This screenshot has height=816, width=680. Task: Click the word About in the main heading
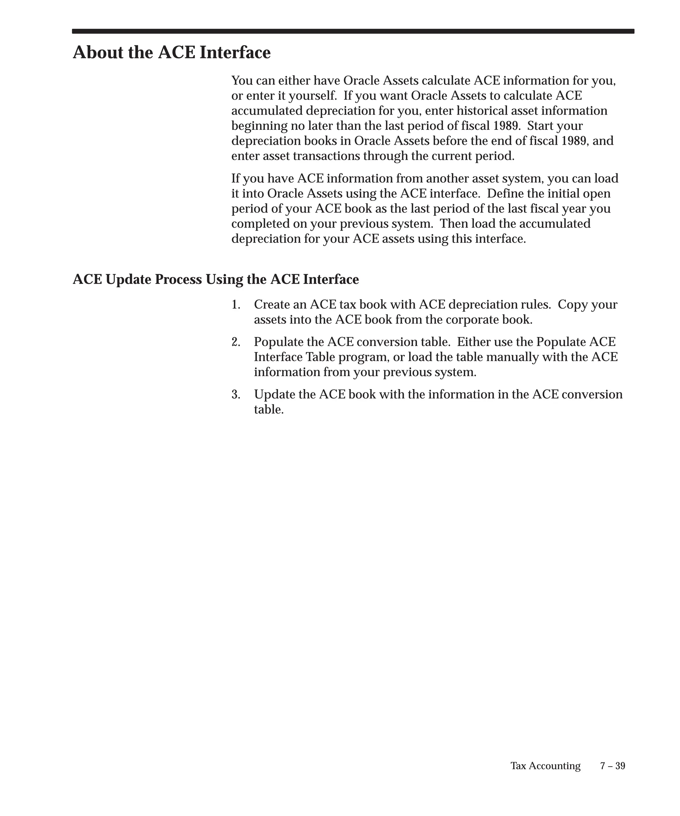point(98,52)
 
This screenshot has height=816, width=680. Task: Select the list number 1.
point(235,305)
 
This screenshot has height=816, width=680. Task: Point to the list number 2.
point(235,342)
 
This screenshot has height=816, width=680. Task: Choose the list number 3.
point(235,395)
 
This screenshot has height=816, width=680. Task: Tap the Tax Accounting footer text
point(545,766)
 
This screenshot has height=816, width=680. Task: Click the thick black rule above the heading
point(353,31)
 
